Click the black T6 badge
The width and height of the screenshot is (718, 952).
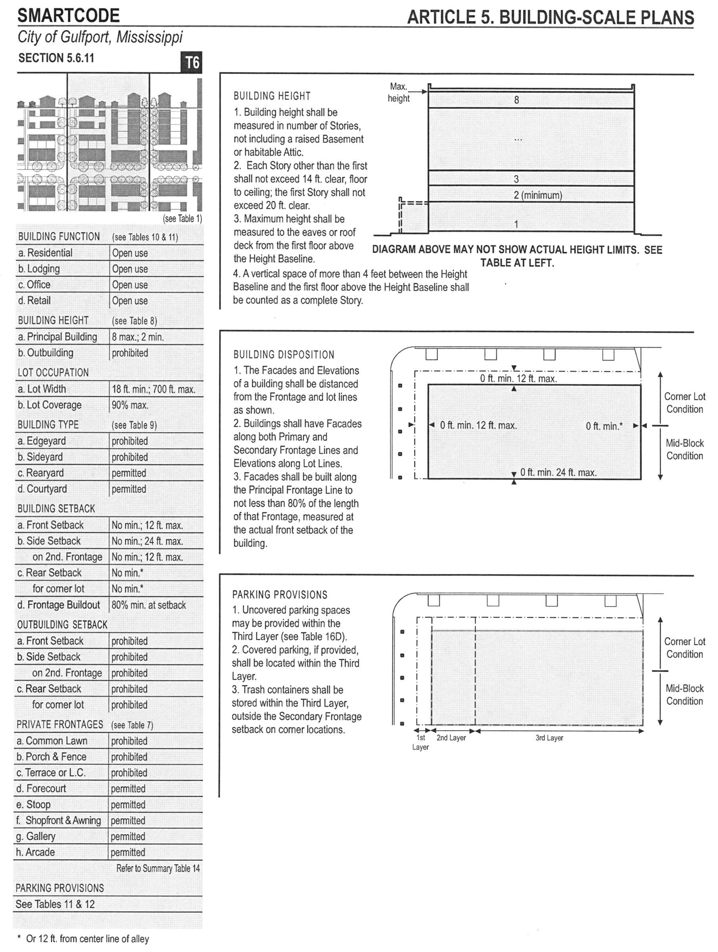pos(192,62)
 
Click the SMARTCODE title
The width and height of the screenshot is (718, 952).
pos(69,15)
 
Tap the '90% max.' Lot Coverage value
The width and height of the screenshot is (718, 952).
pos(130,405)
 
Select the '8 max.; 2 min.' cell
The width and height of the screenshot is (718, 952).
pos(138,337)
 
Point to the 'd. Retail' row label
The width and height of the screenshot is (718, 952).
pos(35,300)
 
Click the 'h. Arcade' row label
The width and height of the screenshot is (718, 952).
pos(36,852)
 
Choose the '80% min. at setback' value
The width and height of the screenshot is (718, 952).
pos(148,605)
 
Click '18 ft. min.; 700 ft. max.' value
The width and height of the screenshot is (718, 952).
pos(153,389)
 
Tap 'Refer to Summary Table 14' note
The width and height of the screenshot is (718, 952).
pos(158,868)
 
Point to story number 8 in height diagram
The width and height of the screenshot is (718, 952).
pos(516,100)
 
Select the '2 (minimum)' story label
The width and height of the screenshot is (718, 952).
pos(538,195)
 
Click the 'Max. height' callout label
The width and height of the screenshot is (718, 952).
pos(399,92)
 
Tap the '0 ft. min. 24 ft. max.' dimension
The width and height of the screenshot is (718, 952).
pos(558,472)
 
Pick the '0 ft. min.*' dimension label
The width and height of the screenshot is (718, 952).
pos(604,426)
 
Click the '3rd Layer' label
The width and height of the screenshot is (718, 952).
pos(549,738)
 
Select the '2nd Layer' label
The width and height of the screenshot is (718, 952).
pos(451,738)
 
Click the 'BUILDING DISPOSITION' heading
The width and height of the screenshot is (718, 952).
pos(284,355)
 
